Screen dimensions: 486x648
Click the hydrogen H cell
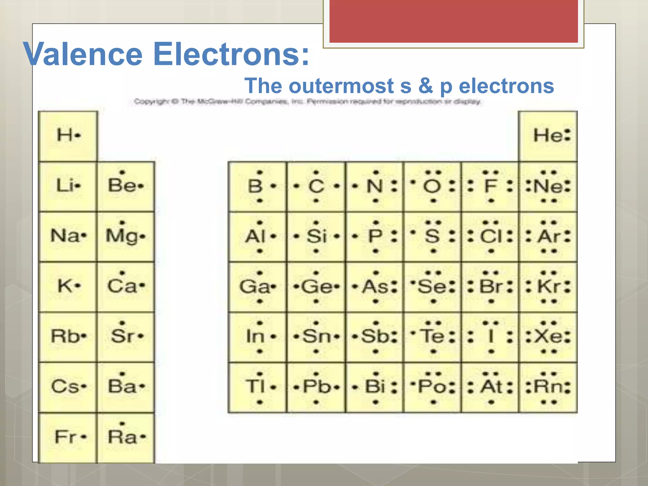tap(68, 136)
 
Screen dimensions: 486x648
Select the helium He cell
tap(548, 136)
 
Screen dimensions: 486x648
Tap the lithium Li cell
tap(67, 186)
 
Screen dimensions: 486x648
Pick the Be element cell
tap(126, 186)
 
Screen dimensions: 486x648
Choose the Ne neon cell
tap(548, 186)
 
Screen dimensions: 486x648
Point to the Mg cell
tap(126, 236)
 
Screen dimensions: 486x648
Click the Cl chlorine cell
tap(490, 236)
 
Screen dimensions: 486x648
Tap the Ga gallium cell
tap(258, 287)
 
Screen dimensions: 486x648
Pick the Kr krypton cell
tap(548, 287)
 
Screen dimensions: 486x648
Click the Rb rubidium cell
tap(67, 337)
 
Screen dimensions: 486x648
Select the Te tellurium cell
tap(433, 337)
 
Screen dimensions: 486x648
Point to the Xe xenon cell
tap(548, 337)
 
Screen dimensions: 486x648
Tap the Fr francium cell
tap(67, 437)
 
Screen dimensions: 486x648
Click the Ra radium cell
tap(126, 437)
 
